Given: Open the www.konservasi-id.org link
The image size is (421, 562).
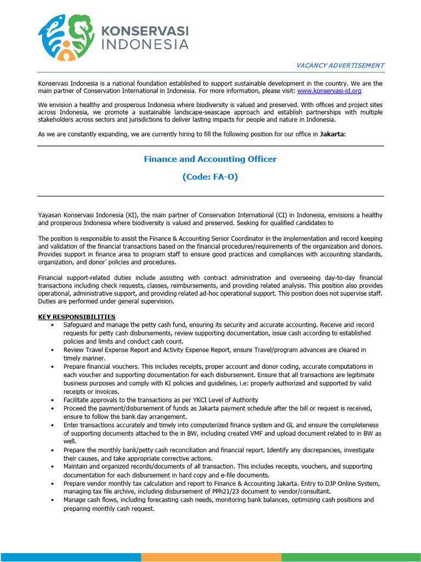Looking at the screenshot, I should pyautogui.click(x=329, y=91).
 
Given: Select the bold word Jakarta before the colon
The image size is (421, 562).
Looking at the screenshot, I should pyautogui.click(x=331, y=134).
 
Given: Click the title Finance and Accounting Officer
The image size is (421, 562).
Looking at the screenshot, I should pyautogui.click(x=210, y=159).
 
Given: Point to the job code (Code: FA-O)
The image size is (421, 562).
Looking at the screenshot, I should pyautogui.click(x=210, y=177).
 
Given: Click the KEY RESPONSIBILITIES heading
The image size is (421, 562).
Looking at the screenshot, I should pyautogui.click(x=76, y=317).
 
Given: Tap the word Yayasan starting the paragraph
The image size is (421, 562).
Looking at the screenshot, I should pyautogui.click(x=49, y=215).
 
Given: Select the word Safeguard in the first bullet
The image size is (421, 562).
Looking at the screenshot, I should pyautogui.click(x=79, y=325).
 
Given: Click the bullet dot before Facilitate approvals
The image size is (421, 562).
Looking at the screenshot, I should pyautogui.click(x=52, y=400).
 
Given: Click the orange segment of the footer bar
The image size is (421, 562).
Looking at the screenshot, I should pyautogui.click(x=211, y=557).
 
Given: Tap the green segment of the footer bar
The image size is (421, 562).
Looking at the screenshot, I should pyautogui.click(x=351, y=557).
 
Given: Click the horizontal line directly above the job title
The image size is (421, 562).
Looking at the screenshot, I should pyautogui.click(x=210, y=146).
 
